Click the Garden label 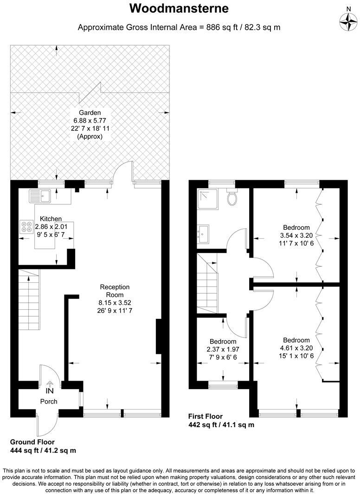click(89, 113)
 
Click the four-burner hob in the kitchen click(26, 227)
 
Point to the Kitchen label click(51, 219)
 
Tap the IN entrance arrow click(49, 384)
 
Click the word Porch click(48, 401)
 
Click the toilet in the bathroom click(233, 198)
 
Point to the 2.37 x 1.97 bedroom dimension click(223, 349)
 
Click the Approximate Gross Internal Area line click(179, 27)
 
